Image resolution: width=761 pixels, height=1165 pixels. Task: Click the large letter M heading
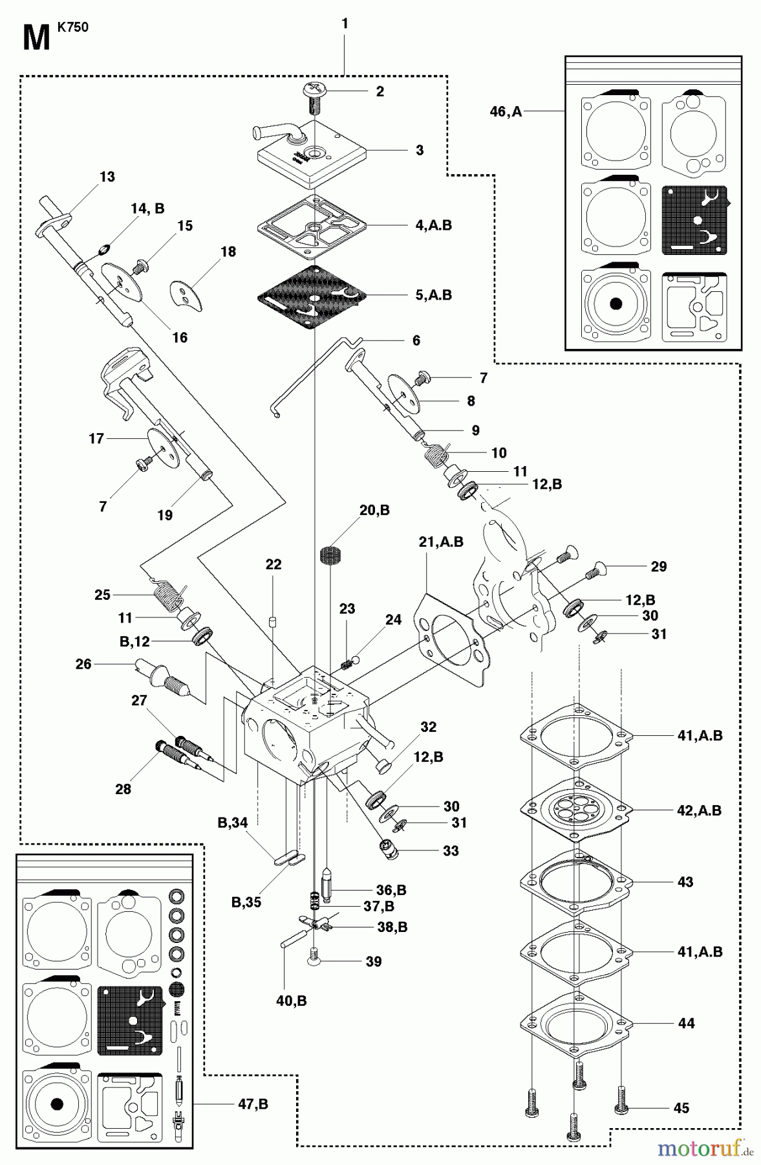click(x=36, y=39)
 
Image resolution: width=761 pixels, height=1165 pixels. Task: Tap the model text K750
click(x=72, y=27)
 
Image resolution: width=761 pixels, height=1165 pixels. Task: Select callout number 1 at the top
click(x=345, y=24)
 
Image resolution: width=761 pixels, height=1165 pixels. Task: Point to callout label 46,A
click(x=506, y=112)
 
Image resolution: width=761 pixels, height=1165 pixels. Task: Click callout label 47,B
click(x=252, y=1104)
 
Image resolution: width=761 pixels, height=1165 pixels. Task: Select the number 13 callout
click(x=107, y=177)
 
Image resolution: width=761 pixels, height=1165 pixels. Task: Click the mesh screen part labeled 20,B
click(x=330, y=556)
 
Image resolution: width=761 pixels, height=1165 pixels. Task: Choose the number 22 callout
click(x=273, y=564)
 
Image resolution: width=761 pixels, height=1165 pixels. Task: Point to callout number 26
click(x=83, y=664)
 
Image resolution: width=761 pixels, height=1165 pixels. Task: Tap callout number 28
click(x=123, y=789)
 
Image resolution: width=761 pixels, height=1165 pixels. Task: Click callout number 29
click(x=658, y=566)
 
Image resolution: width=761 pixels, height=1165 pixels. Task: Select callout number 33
click(x=451, y=850)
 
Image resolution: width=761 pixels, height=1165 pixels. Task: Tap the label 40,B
click(x=291, y=1001)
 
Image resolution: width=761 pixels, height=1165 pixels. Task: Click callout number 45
click(x=681, y=1108)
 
